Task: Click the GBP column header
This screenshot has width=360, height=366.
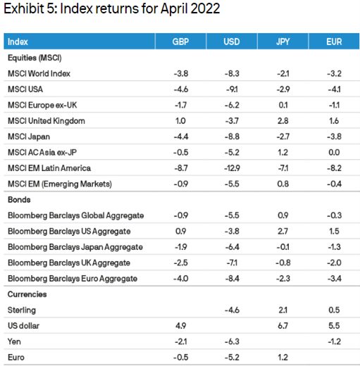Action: [180, 42]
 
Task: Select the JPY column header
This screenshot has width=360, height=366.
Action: [283, 42]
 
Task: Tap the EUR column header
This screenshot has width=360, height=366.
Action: [334, 42]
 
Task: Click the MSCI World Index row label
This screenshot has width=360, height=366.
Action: [39, 73]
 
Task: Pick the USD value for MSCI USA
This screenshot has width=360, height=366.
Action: [232, 89]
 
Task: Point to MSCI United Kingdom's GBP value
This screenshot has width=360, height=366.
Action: [180, 121]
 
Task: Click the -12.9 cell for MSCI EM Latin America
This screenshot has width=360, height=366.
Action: [232, 168]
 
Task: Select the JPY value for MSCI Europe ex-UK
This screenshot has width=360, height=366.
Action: [283, 105]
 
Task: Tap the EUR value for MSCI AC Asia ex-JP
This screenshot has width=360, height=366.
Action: [334, 153]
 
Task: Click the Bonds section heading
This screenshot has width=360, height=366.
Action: [19, 200]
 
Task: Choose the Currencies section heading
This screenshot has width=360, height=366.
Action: [27, 294]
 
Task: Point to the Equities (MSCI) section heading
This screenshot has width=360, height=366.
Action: [35, 58]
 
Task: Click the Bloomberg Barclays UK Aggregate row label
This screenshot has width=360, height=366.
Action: [69, 263]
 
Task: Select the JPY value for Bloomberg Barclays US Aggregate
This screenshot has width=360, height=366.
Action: [283, 232]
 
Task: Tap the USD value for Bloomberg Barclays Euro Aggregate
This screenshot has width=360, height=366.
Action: [232, 279]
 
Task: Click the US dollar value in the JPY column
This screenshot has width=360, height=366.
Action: [283, 326]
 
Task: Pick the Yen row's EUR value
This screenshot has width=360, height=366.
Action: [334, 341]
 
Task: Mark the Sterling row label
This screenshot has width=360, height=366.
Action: [22, 310]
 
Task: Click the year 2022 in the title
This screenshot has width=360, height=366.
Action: [205, 8]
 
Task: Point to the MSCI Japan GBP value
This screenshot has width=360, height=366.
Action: [181, 137]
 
